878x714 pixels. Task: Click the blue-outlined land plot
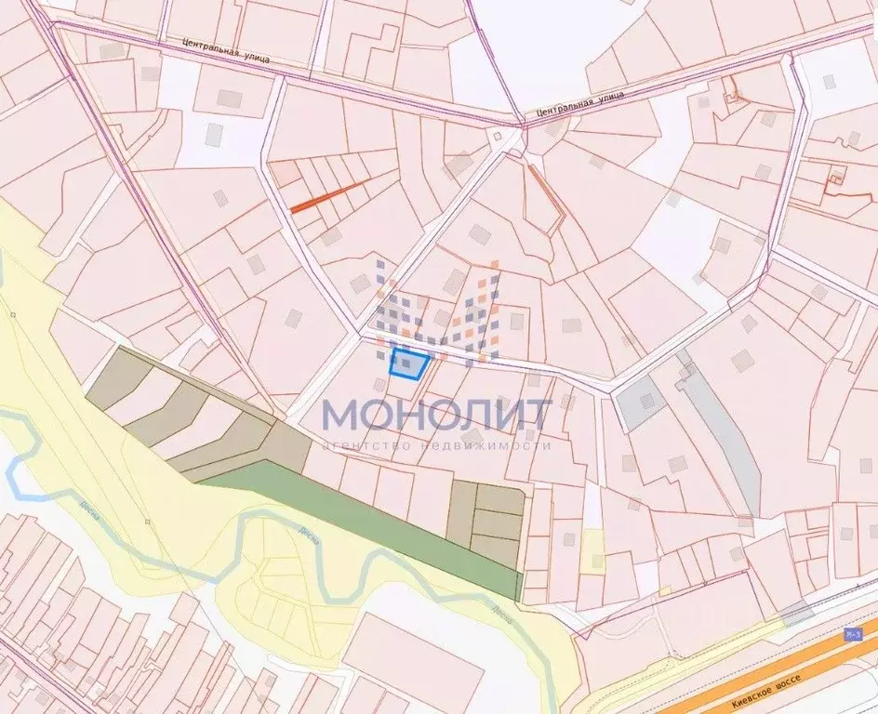pyautogui.click(x=409, y=364)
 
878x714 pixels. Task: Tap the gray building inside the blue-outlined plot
pyautogui.click(x=406, y=364)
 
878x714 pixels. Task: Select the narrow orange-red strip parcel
pyautogui.click(x=330, y=195)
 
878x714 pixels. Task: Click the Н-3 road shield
pyautogui.click(x=853, y=634)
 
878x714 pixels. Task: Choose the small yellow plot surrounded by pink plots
pyautogui.click(x=592, y=550)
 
